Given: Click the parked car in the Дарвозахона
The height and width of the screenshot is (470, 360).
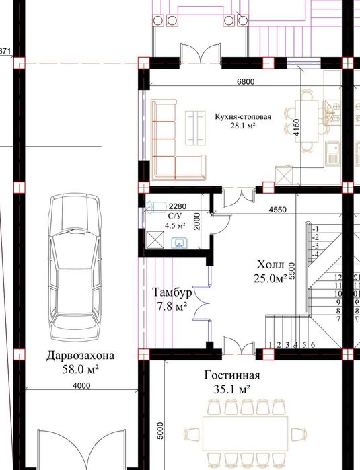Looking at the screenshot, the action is (x=75, y=268).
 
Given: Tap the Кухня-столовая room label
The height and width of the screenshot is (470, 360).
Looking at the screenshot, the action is (x=243, y=116).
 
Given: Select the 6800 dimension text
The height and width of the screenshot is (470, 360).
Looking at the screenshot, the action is (x=246, y=81).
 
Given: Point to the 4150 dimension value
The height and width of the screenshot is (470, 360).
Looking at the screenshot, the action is (x=296, y=128).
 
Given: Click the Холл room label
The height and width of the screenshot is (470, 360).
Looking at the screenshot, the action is (x=271, y=265).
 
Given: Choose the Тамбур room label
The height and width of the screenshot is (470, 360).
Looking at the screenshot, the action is (x=172, y=292).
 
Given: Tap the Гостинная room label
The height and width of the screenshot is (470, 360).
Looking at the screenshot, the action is (x=232, y=375).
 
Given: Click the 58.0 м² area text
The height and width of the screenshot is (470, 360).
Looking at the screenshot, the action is (x=80, y=369).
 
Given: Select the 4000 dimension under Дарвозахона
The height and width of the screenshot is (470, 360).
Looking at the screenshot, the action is (x=81, y=386).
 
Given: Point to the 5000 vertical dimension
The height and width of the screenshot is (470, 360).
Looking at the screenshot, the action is (x=161, y=431).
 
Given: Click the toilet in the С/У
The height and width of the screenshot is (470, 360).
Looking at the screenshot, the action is (x=156, y=207).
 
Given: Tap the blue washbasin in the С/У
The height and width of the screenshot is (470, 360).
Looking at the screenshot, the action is (x=180, y=243).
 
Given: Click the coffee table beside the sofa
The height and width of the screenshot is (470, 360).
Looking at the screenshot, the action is (x=195, y=128).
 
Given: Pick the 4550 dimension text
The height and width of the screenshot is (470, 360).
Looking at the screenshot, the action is (x=277, y=210).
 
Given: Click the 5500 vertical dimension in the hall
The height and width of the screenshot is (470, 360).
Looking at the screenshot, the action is (x=293, y=271).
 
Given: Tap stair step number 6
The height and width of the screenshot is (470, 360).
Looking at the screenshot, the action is (x=313, y=345).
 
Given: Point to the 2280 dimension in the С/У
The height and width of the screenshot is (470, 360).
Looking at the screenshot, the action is (x=177, y=206).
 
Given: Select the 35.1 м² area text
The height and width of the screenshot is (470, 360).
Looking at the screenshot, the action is (x=232, y=389).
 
